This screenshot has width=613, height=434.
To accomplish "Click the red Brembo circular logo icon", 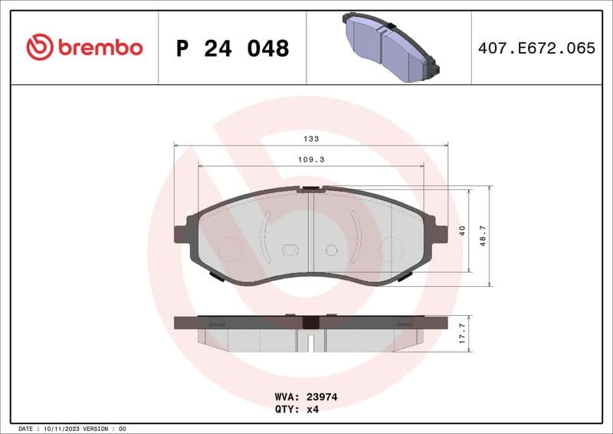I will [x=40, y=48].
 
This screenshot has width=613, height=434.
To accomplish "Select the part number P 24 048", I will [x=232, y=48].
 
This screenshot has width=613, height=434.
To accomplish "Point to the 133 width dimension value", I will [x=311, y=139].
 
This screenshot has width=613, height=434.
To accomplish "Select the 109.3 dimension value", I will [x=311, y=160].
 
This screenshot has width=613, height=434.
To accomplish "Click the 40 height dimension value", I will [x=462, y=230].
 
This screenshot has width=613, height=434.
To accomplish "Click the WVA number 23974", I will [x=322, y=397].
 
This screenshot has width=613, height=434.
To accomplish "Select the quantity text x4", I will [x=313, y=409].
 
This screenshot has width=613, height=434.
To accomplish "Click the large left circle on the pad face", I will [x=230, y=248].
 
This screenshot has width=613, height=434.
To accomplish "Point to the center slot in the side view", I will [x=310, y=340].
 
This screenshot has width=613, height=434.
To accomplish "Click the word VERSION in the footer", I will [x=98, y=428].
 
